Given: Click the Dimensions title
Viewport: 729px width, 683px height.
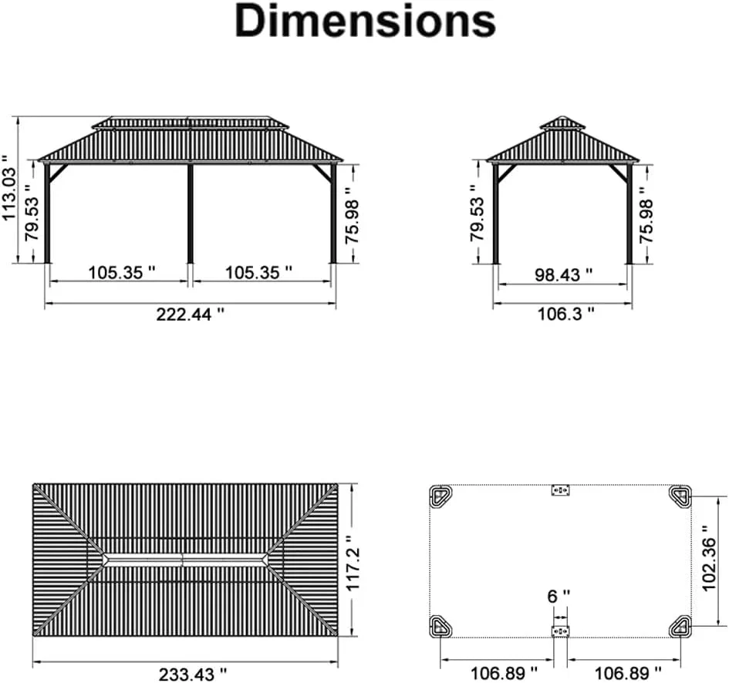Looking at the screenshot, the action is pyautogui.click(x=366, y=22).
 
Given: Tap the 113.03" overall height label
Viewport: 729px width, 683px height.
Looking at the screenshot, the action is pyautogui.click(x=9, y=188).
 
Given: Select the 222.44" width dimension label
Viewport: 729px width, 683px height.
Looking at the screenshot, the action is pyautogui.click(x=190, y=315).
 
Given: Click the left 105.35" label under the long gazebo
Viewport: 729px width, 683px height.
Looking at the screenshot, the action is pyautogui.click(x=122, y=272).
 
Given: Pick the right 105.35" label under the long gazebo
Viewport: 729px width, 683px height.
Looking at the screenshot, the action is pyautogui.click(x=259, y=272).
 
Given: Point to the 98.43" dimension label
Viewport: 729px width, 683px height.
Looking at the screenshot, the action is pyautogui.click(x=563, y=274).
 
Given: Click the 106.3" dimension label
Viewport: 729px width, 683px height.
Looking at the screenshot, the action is pyautogui.click(x=565, y=314).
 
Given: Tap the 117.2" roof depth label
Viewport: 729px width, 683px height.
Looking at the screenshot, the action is pyautogui.click(x=353, y=562).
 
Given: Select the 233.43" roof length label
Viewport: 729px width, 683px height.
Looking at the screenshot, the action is pyautogui.click(x=193, y=675).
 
